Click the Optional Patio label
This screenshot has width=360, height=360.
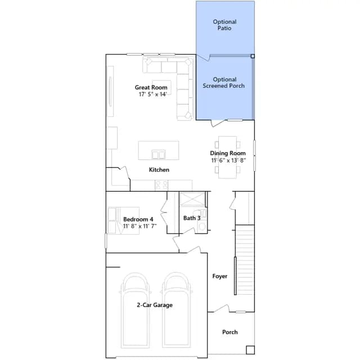[224, 25]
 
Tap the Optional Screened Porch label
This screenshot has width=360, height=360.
[224, 83]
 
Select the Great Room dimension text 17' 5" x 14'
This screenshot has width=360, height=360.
[152, 94]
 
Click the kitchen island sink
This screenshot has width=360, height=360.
[159, 155]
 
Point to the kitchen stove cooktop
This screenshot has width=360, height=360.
[161, 185]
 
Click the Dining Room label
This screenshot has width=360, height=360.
[228, 153]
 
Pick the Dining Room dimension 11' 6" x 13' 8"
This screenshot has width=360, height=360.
[228, 160]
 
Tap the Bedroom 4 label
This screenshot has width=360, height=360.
[138, 219]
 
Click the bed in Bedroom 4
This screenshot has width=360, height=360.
[123, 220]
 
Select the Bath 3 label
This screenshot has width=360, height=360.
[192, 218]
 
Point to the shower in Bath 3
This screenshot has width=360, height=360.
[192, 199]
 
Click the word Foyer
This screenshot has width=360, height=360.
[220, 276]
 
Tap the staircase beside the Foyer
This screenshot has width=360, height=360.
[245, 260]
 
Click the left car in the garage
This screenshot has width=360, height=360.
[135, 310]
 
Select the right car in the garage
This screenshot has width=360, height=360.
[176, 310]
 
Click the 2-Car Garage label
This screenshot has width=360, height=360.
[155, 305]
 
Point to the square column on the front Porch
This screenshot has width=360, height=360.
[250, 350]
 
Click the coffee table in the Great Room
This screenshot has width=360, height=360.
[161, 87]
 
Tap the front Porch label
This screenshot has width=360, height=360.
[230, 332]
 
